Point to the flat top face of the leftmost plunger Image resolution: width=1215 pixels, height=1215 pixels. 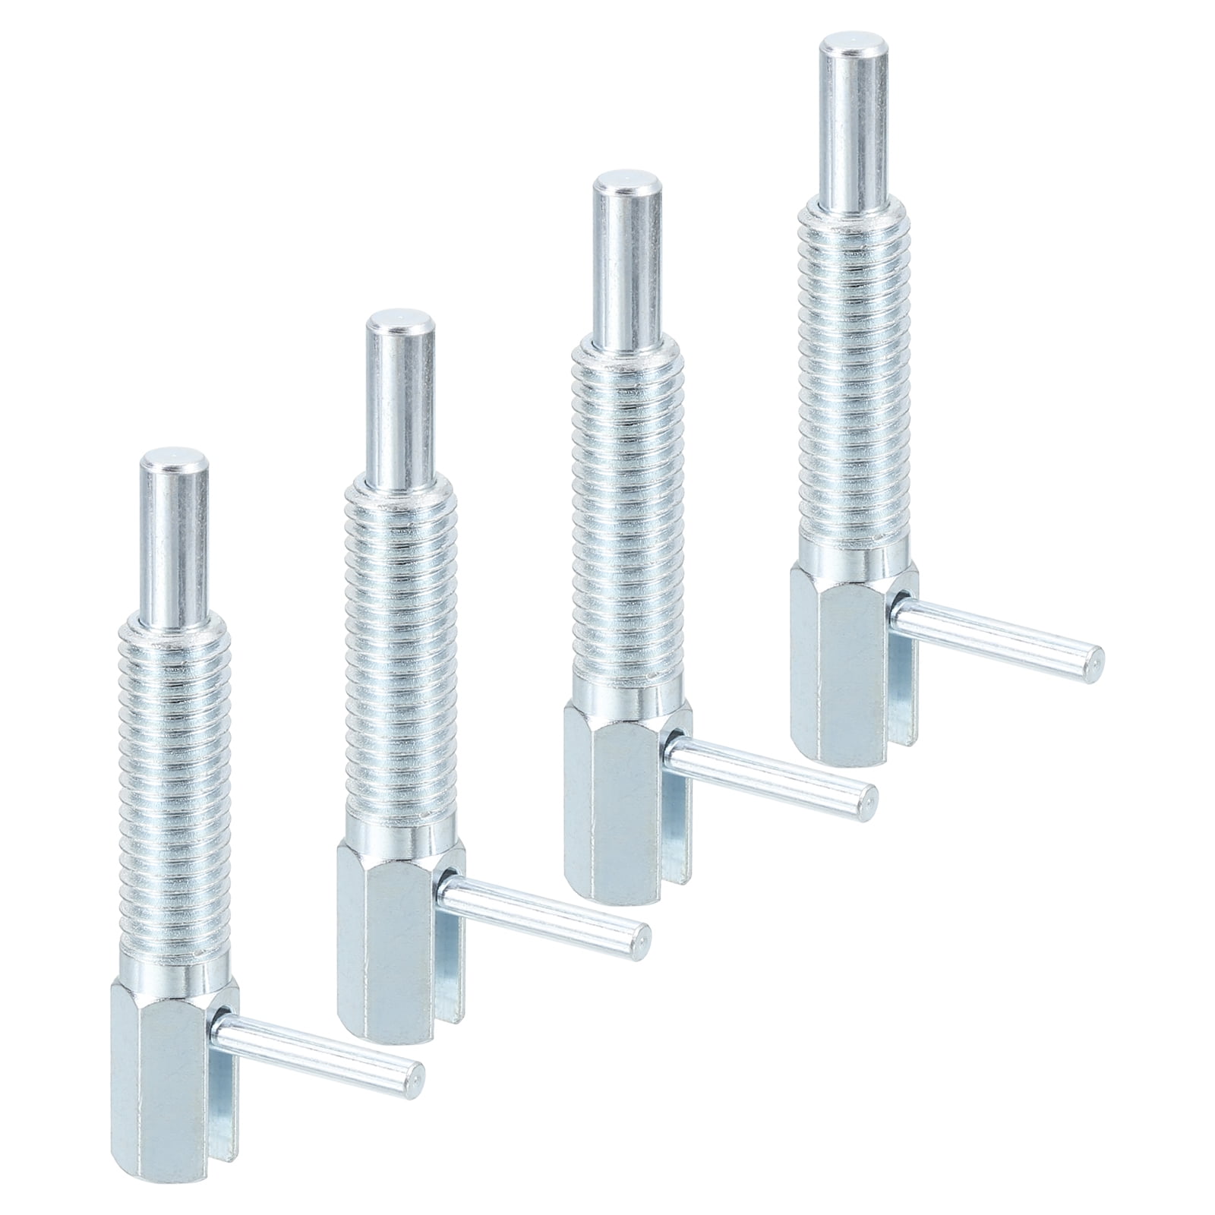click(175, 461)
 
